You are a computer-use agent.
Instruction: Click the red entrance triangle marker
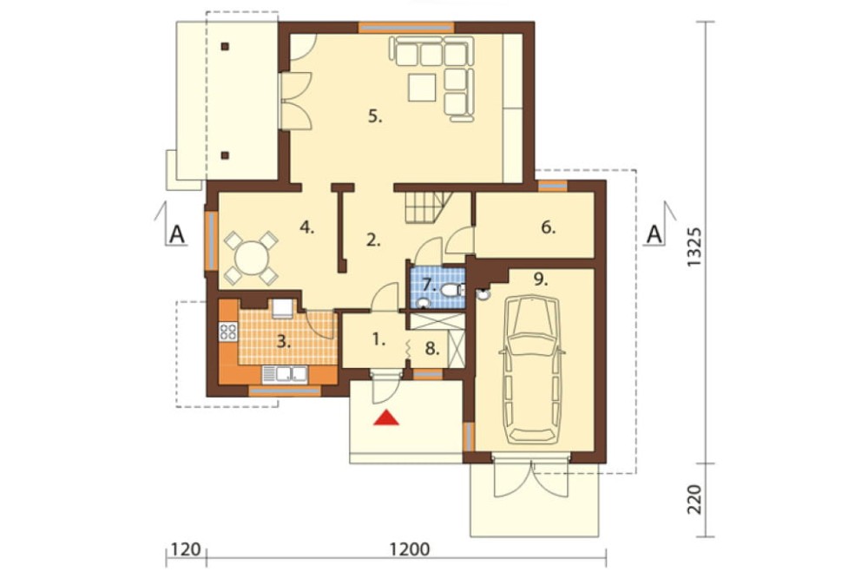pos(386,417)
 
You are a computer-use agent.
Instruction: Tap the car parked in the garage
pos(532,370)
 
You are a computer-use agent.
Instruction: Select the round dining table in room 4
pos(252,258)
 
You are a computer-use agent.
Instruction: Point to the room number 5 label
pos(375,117)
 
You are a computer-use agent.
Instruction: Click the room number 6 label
pos(548,227)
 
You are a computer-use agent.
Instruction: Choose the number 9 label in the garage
pos(541,279)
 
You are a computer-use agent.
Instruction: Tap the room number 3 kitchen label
pos(284,342)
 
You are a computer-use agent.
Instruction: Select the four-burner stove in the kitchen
pos(228,332)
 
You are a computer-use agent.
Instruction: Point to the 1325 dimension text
pos(694,246)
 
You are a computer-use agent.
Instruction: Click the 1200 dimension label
pos(410,549)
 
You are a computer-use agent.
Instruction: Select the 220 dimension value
pos(694,499)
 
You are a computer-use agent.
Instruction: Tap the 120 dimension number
pos(186,549)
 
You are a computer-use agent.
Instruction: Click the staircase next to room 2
pos(427,207)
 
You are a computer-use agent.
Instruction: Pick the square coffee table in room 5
pos(423,88)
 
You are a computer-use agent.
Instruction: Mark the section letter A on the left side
pos(176,234)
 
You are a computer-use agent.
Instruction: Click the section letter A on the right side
pos(654,234)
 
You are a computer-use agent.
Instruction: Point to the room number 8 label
pos(432,349)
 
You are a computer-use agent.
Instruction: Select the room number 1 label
pos(378,338)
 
